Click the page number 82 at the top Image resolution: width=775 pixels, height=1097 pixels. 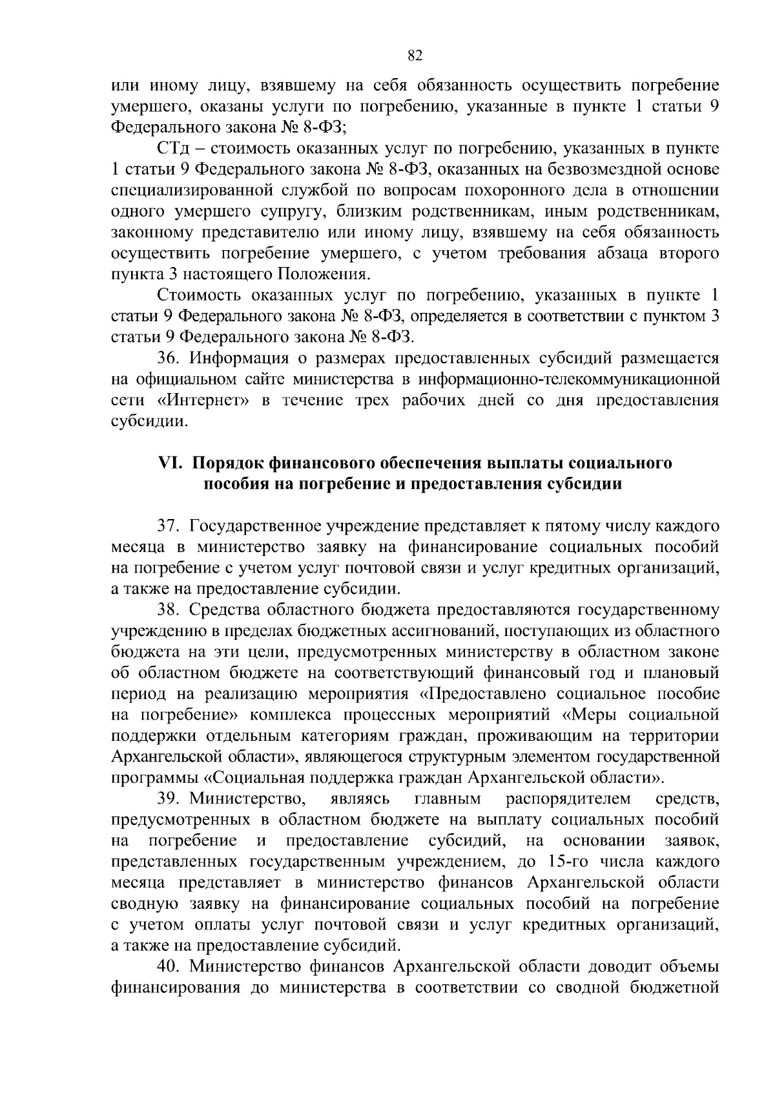415,56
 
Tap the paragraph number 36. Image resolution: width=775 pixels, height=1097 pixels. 167,359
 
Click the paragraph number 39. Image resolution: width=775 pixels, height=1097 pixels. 167,800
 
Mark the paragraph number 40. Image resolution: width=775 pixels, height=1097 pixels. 167,968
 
